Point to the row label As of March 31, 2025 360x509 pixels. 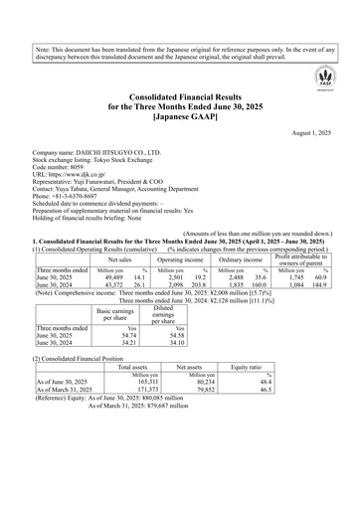[x=70, y=418]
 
